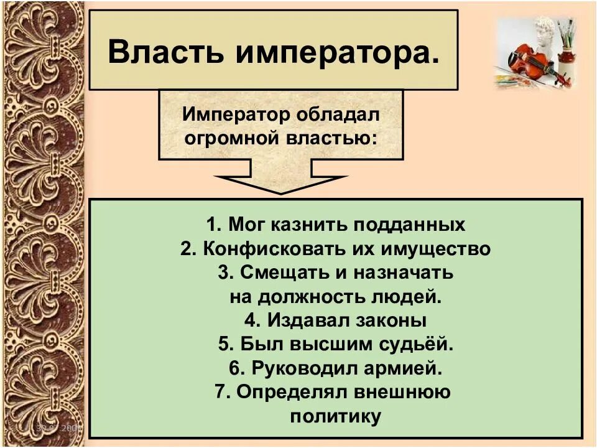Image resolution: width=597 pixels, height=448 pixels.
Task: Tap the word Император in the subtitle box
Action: pyautogui.click(x=231, y=115)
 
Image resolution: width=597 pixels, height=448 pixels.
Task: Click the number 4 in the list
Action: pyautogui.click(x=249, y=320)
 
